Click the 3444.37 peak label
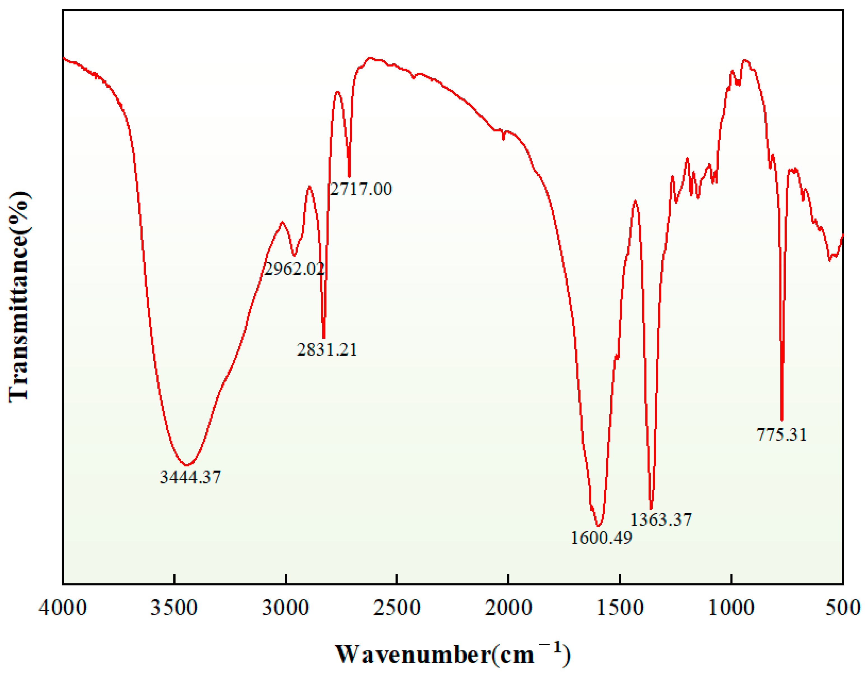(190, 477)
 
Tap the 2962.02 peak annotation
(294, 269)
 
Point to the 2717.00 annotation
(361, 189)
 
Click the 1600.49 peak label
(601, 538)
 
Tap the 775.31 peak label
(781, 434)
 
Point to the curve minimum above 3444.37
(187, 465)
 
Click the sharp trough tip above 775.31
(782, 420)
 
